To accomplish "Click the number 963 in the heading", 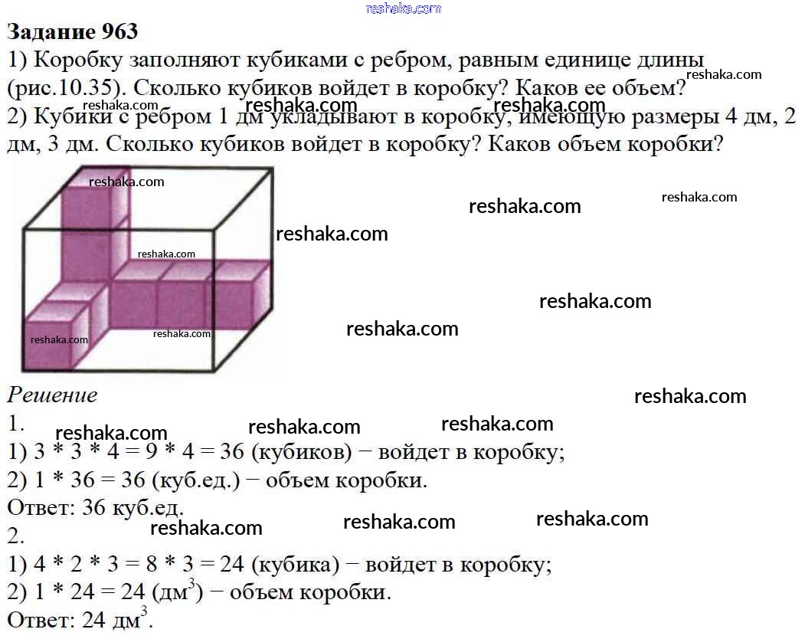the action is pos(120,32).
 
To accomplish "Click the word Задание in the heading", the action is pos(51,33).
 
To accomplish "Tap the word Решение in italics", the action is pos(52,395).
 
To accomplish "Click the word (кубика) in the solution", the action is pos(296,565).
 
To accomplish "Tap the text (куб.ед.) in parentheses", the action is pos(196,480).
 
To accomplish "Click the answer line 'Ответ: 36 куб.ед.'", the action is pos(96,508).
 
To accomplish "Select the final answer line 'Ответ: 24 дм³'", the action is pos(80,618).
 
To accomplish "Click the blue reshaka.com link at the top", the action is pos(404,8).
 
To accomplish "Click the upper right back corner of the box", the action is pos(272,169).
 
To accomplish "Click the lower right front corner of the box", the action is pos(213,370).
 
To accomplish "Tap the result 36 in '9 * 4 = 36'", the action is pos(232,452).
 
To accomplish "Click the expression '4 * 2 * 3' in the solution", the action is pos(76,565).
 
